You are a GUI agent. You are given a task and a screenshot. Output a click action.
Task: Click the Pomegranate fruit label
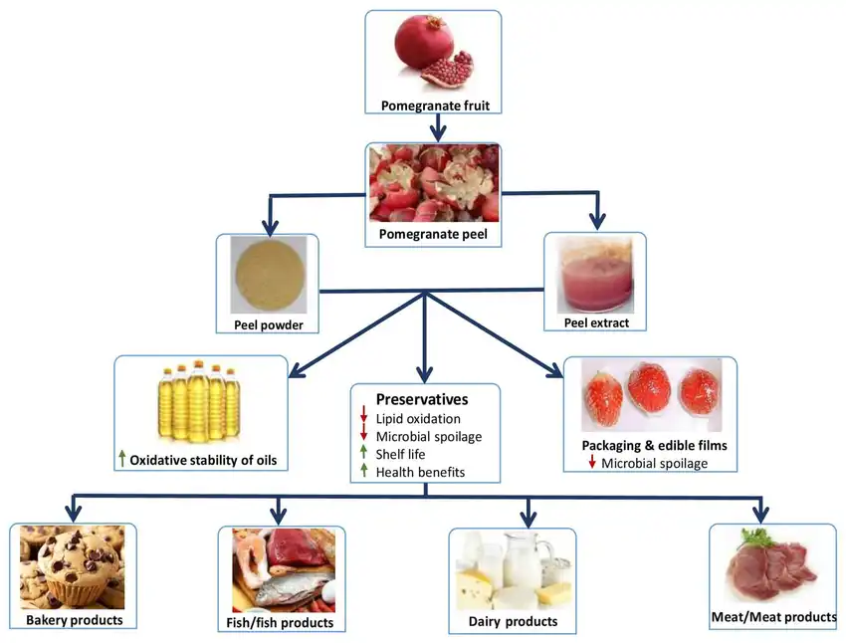tap(434, 105)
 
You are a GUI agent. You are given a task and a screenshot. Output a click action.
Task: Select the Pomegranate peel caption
tap(433, 235)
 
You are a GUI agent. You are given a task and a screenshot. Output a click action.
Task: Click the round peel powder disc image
tap(267, 274)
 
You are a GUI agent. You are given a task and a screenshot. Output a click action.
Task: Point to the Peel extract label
tap(597, 322)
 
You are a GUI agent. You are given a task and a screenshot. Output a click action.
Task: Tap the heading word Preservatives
tap(422, 399)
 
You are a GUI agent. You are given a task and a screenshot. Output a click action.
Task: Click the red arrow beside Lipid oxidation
tap(364, 418)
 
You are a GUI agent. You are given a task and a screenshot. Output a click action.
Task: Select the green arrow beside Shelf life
tap(364, 454)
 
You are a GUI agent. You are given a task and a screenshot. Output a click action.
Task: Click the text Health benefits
tap(420, 472)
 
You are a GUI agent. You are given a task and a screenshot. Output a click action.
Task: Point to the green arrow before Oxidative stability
tap(121, 459)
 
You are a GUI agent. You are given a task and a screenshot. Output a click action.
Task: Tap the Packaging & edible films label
tap(653, 445)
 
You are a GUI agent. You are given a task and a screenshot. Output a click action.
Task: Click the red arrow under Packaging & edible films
tap(592, 463)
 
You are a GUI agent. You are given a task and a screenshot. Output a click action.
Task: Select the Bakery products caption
tap(75, 620)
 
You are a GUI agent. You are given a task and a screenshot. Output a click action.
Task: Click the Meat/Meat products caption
tap(773, 617)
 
